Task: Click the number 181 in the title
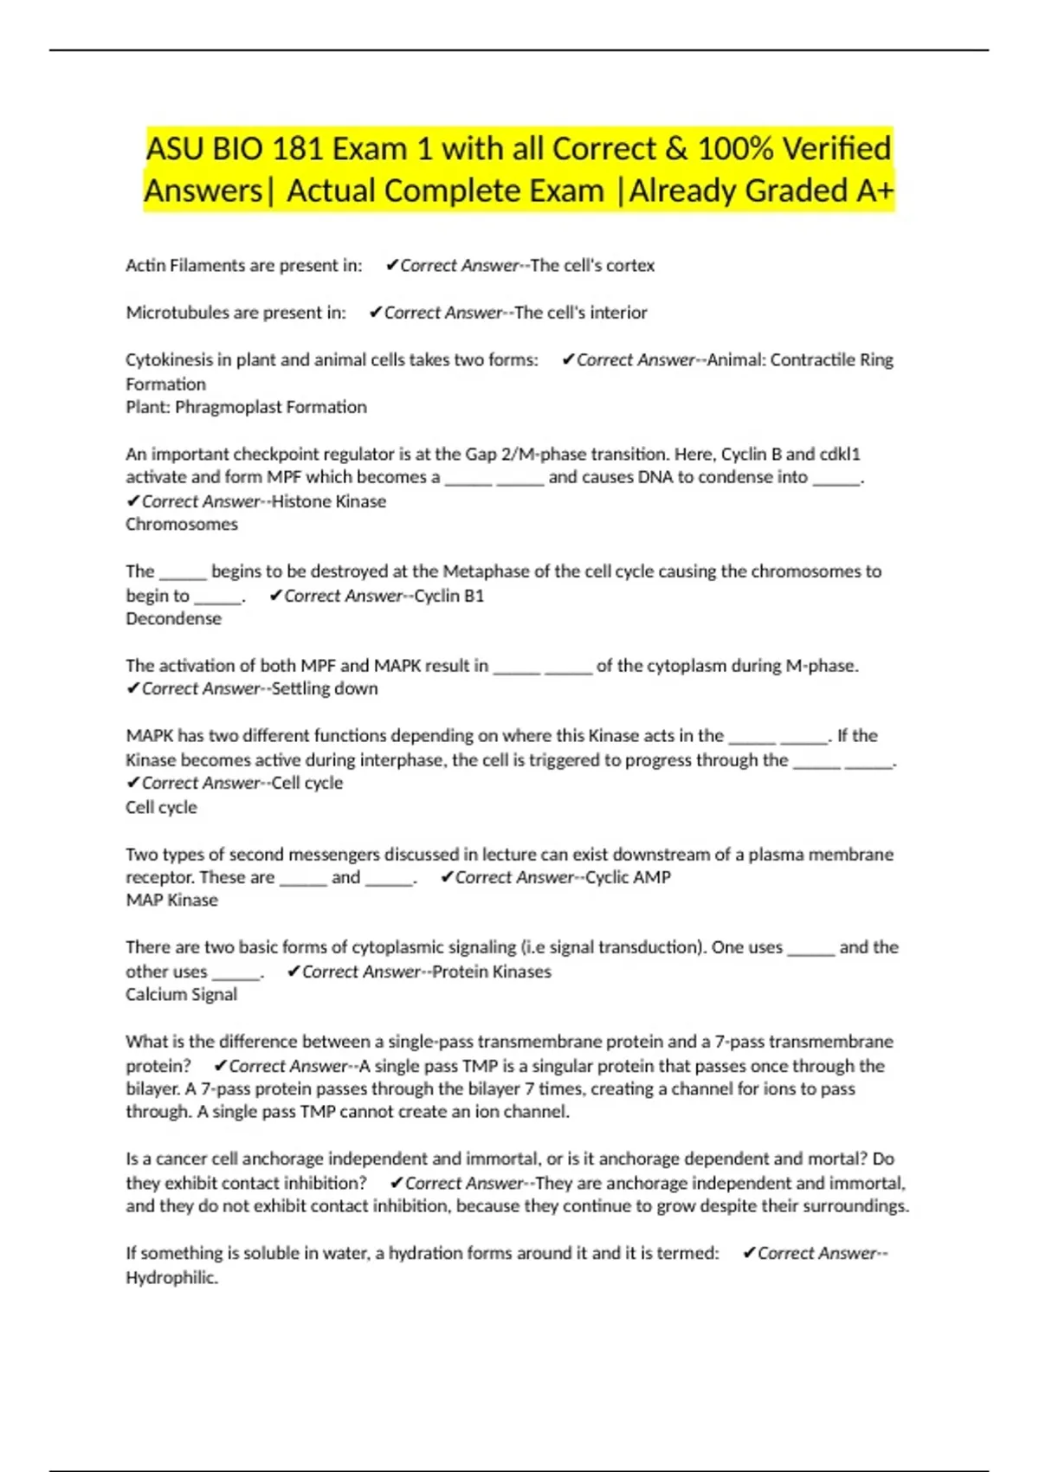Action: tap(299, 149)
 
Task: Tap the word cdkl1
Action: tap(840, 454)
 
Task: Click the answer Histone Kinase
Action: tap(329, 501)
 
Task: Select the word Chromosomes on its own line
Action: tap(182, 524)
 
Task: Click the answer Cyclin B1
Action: tap(449, 596)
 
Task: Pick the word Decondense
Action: tap(173, 618)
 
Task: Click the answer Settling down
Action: tap(325, 688)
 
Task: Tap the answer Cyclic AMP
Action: tap(628, 877)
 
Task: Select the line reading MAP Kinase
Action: tap(171, 900)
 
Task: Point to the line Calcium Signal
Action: tap(181, 994)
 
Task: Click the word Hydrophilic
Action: tap(171, 1277)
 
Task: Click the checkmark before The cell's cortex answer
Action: tap(392, 265)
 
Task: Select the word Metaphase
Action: tap(486, 571)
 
